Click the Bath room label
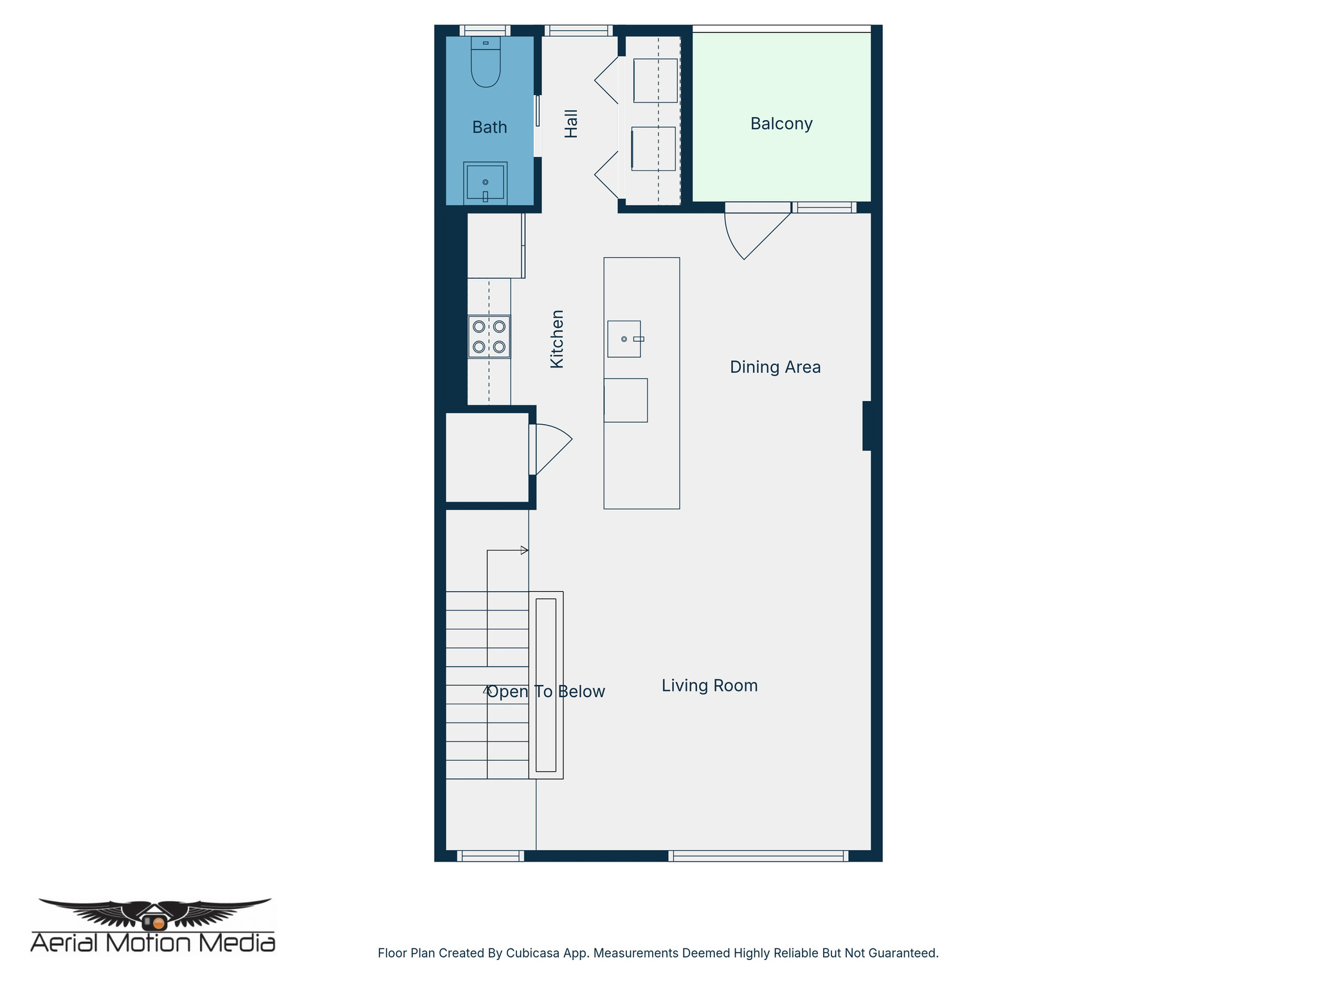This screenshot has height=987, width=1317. click(x=489, y=127)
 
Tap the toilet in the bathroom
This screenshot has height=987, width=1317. click(x=486, y=64)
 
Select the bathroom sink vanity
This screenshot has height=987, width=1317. click(x=486, y=182)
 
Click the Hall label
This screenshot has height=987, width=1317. click(x=571, y=123)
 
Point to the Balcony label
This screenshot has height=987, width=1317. click(x=781, y=123)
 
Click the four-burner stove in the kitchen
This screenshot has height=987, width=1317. click(x=489, y=337)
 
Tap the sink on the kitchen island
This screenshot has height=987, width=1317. click(x=624, y=339)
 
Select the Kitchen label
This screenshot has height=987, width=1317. click(x=557, y=339)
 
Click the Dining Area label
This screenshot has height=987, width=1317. click(x=775, y=367)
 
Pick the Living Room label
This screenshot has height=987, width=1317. click(x=709, y=686)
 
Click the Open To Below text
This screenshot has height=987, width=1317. click(x=546, y=691)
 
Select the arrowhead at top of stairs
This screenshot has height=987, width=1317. click(x=524, y=550)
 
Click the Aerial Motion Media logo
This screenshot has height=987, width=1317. click(x=153, y=925)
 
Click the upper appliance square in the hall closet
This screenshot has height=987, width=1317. click(x=655, y=80)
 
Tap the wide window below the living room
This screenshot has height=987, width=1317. click(x=758, y=855)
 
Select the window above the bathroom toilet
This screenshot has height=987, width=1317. click(x=485, y=30)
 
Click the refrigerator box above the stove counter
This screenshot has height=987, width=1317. click(x=495, y=245)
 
